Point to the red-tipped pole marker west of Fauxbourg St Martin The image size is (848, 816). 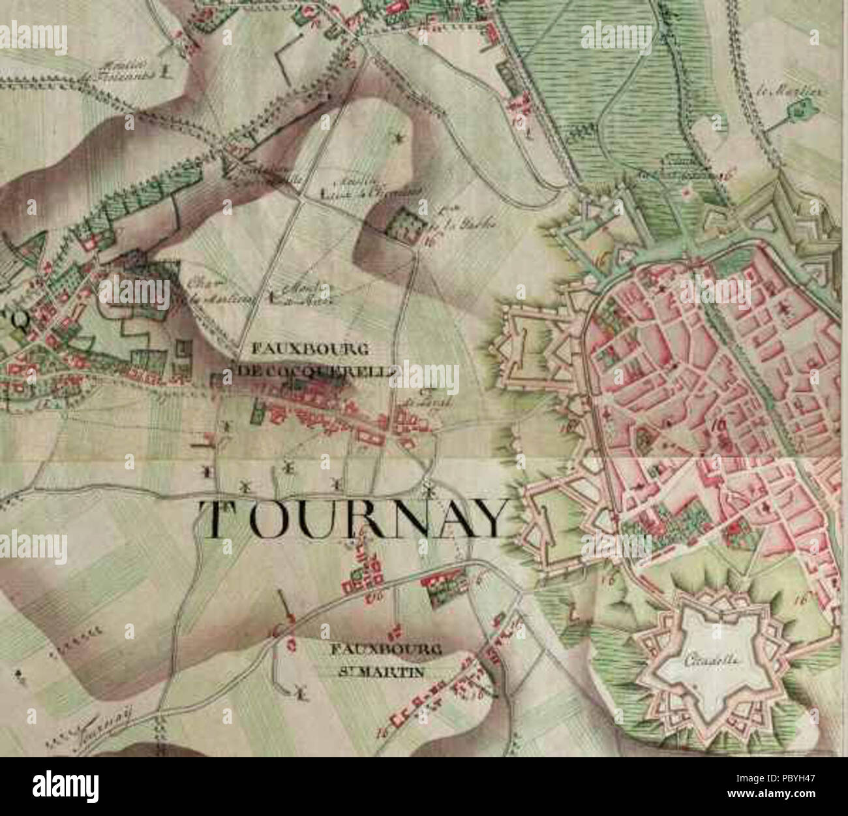pos(285,606)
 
